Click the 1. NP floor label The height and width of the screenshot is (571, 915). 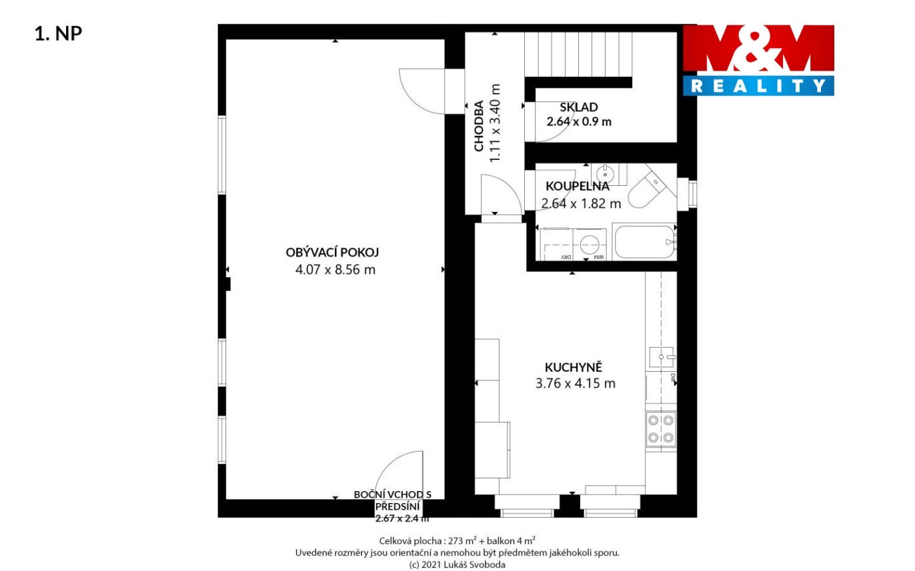(59, 33)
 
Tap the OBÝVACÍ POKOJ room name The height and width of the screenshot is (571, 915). (332, 253)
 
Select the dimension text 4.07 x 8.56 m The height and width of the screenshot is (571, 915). (335, 270)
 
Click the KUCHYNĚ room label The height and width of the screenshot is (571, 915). (574, 367)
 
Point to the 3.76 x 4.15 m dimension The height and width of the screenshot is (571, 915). (575, 383)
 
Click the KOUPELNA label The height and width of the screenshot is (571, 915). (578, 187)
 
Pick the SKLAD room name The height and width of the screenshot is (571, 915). (579, 107)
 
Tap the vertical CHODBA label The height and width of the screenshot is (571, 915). (479, 126)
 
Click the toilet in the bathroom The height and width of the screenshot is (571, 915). (650, 188)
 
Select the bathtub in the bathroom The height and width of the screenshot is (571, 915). (645, 242)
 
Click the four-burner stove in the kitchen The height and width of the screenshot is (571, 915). (661, 429)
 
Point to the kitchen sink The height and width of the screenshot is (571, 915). (662, 357)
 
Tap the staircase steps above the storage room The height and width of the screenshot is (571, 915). (578, 54)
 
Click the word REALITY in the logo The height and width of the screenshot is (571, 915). (758, 86)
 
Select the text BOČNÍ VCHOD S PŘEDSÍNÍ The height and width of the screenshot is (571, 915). (393, 500)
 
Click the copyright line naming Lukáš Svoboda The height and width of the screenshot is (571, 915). (457, 564)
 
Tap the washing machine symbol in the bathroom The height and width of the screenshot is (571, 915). (590, 245)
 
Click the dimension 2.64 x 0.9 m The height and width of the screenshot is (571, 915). (579, 122)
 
